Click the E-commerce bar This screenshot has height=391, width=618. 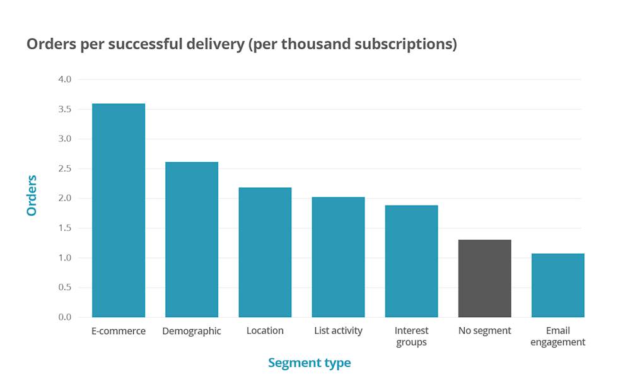point(119,210)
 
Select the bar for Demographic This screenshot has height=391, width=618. point(192,240)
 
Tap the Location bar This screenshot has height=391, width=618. point(265,252)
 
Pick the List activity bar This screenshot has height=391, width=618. point(338,257)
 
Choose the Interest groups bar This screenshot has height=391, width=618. point(411,261)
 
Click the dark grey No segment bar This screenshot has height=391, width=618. point(484,278)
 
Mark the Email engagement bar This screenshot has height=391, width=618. point(557,285)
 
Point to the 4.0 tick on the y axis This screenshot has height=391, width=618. point(64,79)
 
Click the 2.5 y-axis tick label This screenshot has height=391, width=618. point(64,168)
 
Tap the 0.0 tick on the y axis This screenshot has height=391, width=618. point(64,317)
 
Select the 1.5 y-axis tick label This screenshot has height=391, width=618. point(64,228)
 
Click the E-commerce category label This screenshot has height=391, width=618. point(119,331)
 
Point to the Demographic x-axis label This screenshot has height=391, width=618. point(192,331)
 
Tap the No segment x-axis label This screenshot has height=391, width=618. point(484,331)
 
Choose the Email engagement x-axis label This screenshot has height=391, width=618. point(557,337)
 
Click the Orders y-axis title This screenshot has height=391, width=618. point(32,195)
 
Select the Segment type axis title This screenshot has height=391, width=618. point(309,363)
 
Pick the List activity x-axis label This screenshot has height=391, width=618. point(338,331)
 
